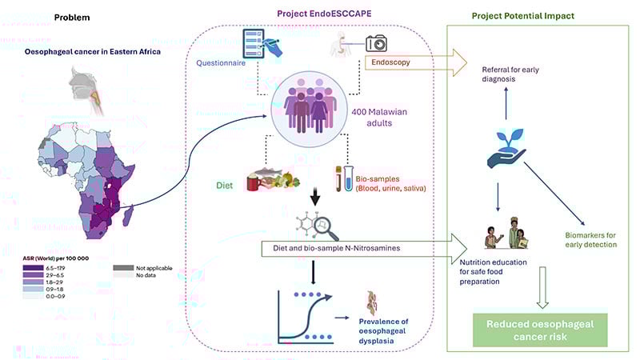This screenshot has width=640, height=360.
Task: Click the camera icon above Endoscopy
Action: (x=376, y=44)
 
